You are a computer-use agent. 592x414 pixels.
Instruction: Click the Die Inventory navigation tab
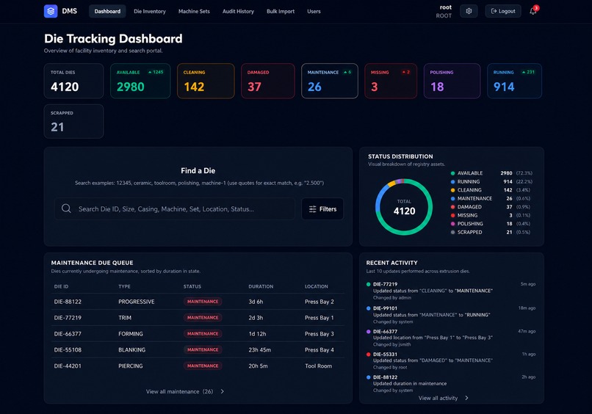coord(150,11)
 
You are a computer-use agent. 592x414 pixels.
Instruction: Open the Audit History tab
coord(238,11)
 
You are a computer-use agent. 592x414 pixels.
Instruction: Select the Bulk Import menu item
coord(281,11)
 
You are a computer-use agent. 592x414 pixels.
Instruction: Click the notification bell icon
coord(533,11)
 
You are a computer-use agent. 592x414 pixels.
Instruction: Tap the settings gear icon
coord(469,11)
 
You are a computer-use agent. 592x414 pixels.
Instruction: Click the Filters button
coord(322,208)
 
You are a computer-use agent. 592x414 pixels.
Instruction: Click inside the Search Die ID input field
coord(174,208)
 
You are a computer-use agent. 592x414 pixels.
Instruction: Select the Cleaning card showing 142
coord(206,81)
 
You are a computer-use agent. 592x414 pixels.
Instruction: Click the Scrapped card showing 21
coord(73,121)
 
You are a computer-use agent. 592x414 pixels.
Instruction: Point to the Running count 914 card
coord(514,81)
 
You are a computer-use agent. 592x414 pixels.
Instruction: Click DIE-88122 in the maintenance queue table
coord(68,302)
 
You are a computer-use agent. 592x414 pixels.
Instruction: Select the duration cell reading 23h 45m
coord(259,350)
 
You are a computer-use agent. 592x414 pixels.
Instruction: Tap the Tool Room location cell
coord(318,366)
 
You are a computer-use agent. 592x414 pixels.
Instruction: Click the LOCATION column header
coord(317,286)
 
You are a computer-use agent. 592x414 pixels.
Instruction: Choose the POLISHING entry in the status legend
coord(470,224)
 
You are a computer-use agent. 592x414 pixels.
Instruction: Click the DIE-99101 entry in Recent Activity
coord(385,308)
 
